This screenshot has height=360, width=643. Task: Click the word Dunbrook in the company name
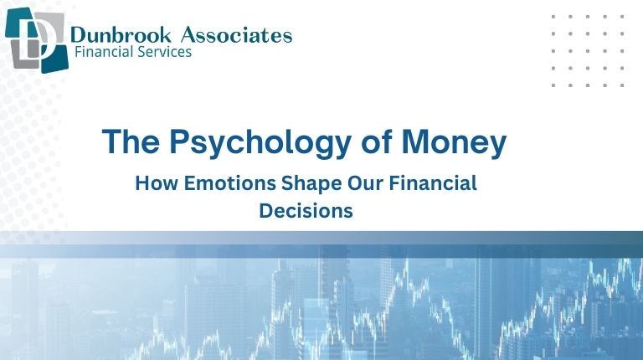pos(113,34)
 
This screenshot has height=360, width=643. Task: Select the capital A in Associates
pos(186,34)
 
